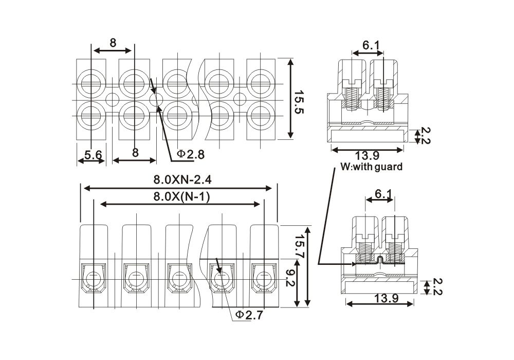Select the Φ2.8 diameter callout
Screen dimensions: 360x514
tap(191, 153)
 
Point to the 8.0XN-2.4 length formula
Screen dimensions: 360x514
tap(176, 180)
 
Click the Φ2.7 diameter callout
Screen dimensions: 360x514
tap(249, 315)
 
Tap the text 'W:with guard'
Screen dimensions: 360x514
tap(372, 167)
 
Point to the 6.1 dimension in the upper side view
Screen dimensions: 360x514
tap(371, 45)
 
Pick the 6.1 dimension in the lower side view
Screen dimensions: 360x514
tap(383, 194)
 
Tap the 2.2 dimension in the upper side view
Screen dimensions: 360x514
tap(425, 135)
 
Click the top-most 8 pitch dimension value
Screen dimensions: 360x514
tap(112, 43)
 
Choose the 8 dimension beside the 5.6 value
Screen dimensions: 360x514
tap(135, 152)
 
